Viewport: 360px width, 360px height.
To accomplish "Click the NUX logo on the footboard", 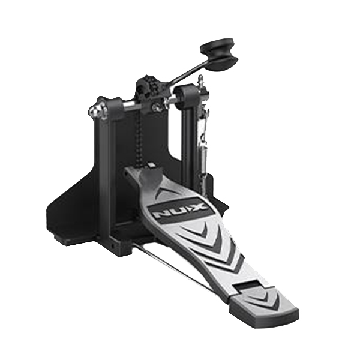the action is [177, 209].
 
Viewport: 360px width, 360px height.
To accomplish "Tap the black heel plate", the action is [265, 304].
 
